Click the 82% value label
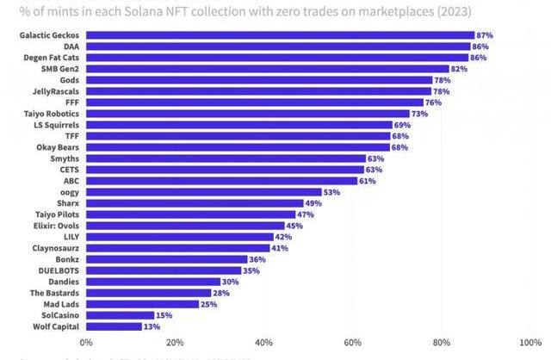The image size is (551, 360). click(x=460, y=69)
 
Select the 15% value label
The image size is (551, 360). click(x=164, y=315)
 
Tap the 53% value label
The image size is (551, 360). click(x=332, y=192)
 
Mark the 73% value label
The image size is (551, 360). click(x=421, y=114)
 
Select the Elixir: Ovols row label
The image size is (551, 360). click(x=53, y=226)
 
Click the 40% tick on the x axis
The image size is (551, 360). click(x=263, y=343)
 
